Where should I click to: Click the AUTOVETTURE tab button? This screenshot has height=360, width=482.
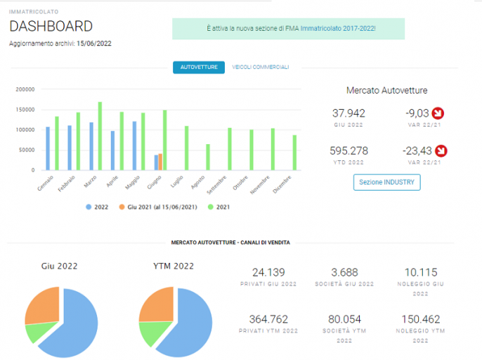[199, 67]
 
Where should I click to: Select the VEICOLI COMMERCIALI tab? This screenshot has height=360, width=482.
[261, 67]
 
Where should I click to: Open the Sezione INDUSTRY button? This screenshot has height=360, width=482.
[386, 182]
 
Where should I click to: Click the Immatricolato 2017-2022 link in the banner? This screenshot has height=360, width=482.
[337, 29]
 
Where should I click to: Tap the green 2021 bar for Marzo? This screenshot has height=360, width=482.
[100, 136]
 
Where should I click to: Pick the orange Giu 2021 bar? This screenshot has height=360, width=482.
[160, 162]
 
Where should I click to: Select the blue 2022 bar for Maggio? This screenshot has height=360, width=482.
[134, 146]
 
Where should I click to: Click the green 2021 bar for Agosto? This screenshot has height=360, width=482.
[208, 157]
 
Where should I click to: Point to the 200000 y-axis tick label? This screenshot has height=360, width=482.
[25, 89]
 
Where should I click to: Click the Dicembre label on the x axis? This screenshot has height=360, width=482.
[282, 184]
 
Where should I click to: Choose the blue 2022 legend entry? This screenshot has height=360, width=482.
[97, 207]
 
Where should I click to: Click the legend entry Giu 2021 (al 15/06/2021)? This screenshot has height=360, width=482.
[158, 207]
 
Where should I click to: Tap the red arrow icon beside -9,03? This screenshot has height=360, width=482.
[438, 113]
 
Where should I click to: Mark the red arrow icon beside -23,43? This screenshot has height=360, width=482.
[441, 150]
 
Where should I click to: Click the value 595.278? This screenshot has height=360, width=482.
[349, 150]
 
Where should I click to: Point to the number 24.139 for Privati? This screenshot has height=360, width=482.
[268, 272]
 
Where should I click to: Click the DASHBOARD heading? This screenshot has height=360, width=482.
[51, 26]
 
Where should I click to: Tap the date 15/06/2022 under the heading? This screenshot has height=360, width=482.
[94, 44]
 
